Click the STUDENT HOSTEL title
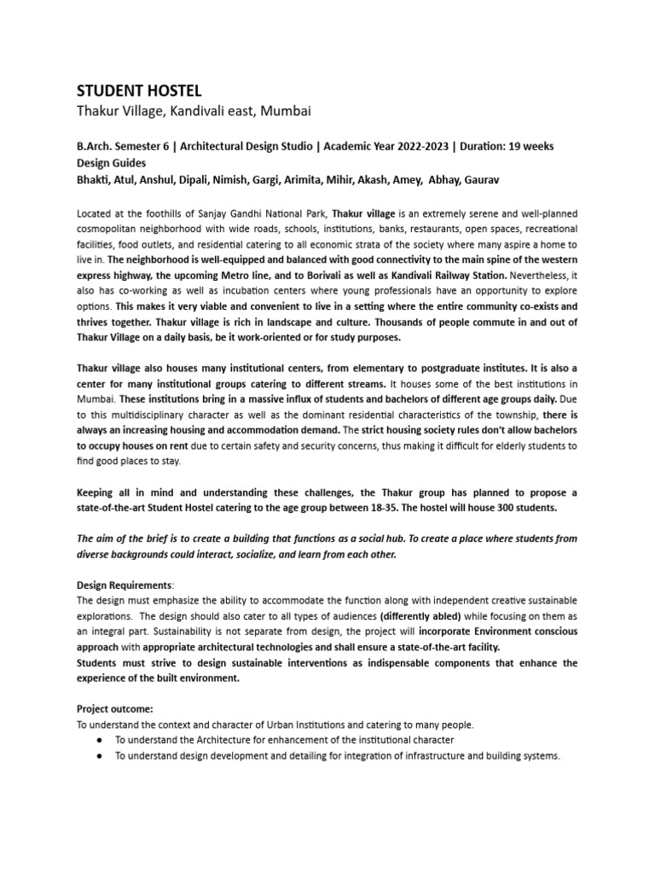[140, 90]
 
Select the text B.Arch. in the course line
[95, 146]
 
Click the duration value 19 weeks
[525, 146]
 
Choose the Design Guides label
[111, 162]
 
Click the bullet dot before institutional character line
[101, 739]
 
